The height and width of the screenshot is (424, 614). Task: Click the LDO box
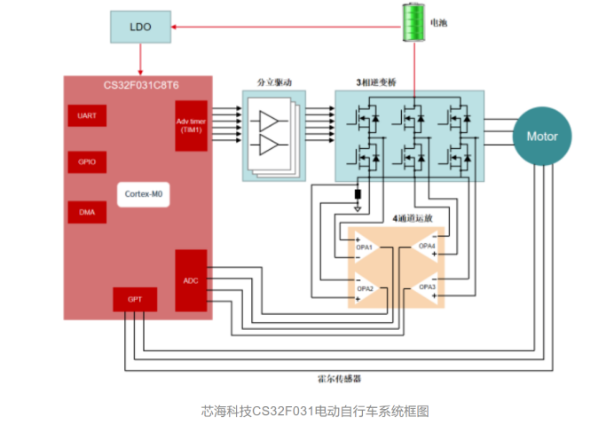[141, 27]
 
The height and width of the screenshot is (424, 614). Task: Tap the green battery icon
[411, 22]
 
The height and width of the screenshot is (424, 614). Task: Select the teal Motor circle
[542, 137]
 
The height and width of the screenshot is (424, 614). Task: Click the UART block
[87, 116]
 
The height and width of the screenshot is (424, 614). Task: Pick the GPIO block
[87, 163]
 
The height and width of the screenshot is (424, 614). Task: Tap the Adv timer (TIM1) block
[192, 125]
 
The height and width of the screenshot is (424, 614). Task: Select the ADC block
[191, 281]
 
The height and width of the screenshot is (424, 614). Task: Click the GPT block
[135, 300]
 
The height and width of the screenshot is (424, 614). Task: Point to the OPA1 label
[364, 247]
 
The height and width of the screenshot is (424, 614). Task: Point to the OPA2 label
[364, 288]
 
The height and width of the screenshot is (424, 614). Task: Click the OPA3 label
[428, 288]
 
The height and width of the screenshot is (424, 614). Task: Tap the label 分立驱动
[274, 82]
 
